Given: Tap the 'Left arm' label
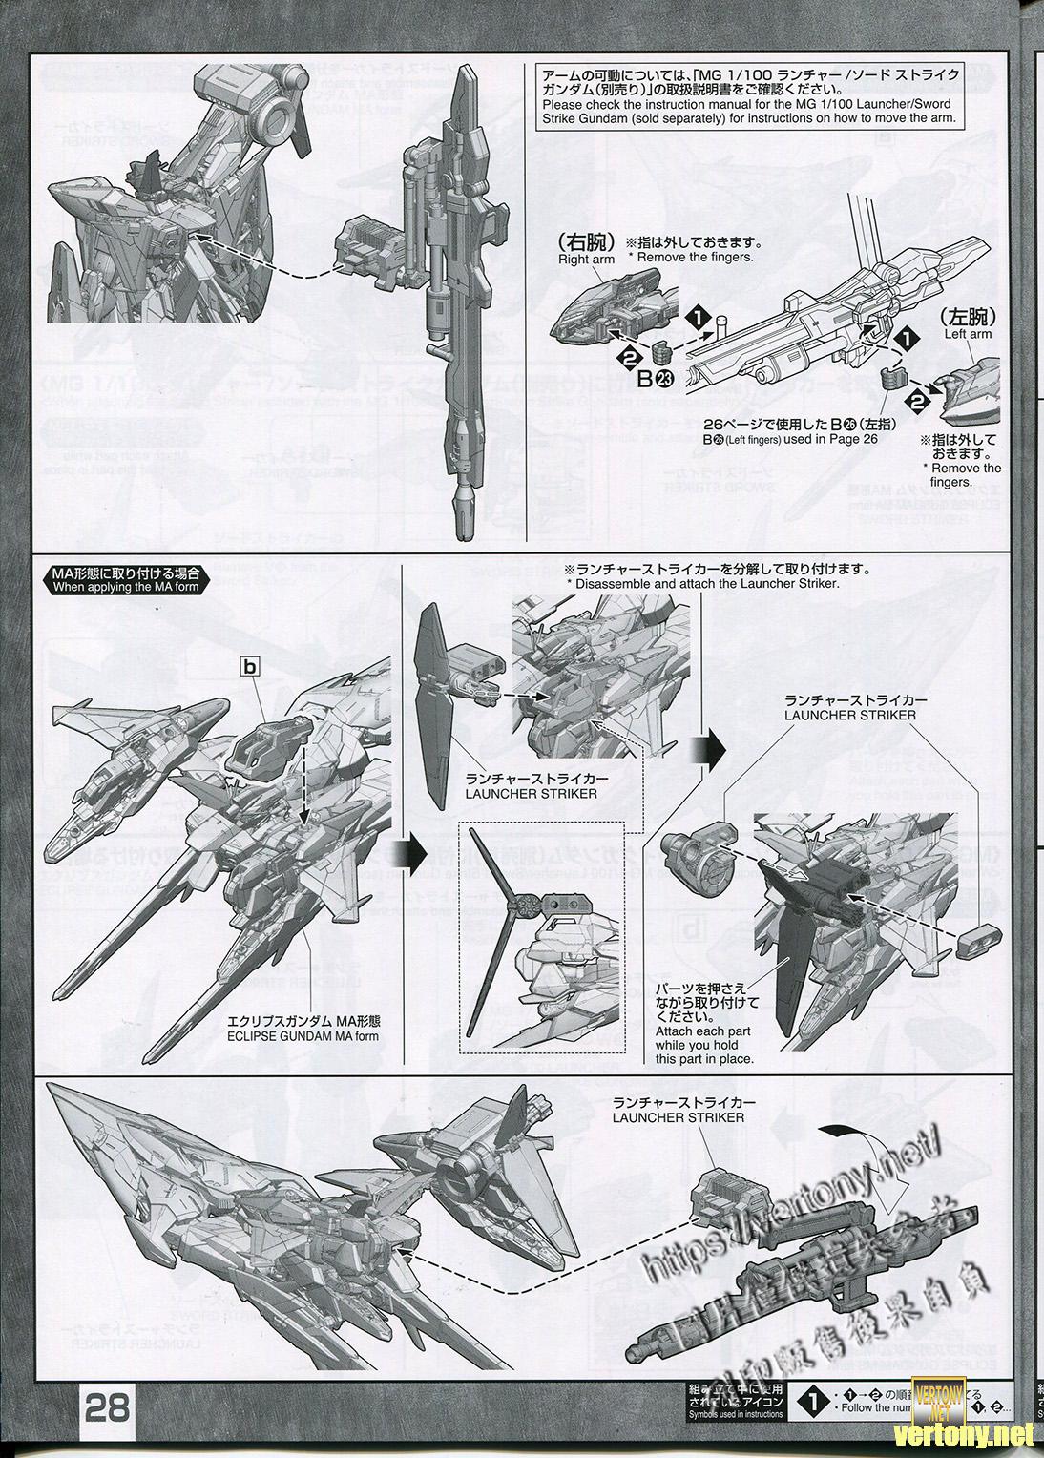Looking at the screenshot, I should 968,334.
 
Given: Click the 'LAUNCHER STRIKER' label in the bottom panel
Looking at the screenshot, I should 679,1116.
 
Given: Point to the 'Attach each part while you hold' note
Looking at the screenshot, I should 703,1045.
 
